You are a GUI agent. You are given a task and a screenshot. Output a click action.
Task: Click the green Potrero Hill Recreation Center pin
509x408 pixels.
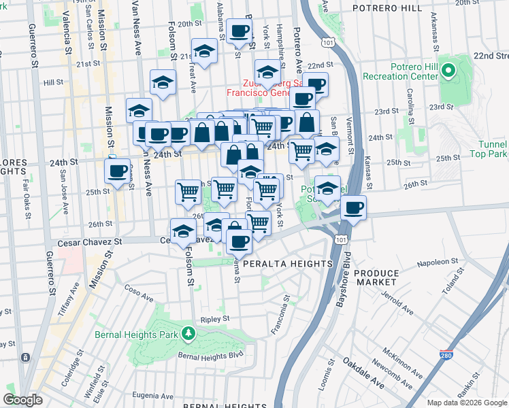coord(448,70)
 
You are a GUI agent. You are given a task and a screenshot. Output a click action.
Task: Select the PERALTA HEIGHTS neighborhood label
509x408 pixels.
coord(295,263)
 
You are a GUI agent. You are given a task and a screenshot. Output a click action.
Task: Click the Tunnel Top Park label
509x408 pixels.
coord(491,150)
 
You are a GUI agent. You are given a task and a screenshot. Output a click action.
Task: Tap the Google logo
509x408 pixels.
coord(22,400)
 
